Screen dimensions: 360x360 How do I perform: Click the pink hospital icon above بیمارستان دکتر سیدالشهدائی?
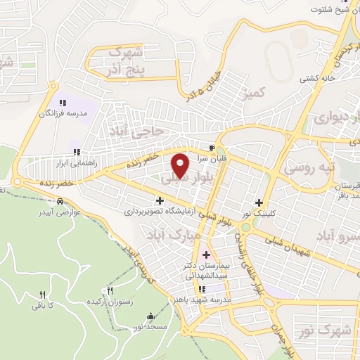(x=205, y=255)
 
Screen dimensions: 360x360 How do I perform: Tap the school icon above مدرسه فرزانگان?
(x=63, y=103)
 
